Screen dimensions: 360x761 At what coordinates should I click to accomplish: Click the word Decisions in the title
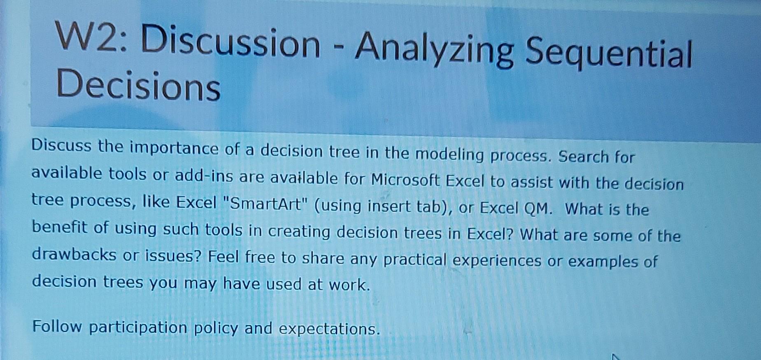(x=138, y=86)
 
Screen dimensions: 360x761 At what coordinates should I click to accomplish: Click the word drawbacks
(x=74, y=255)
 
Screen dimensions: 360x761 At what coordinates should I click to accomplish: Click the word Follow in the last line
(x=57, y=326)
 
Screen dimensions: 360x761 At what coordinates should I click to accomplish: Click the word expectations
(x=329, y=329)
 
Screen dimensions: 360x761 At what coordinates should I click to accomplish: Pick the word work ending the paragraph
(x=349, y=285)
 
